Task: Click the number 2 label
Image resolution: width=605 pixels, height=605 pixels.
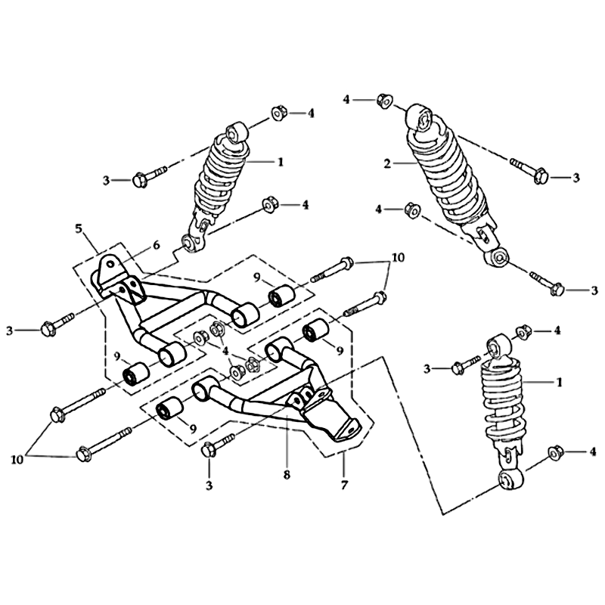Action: [x=387, y=163]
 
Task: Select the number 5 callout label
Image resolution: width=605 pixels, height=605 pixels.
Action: [x=79, y=229]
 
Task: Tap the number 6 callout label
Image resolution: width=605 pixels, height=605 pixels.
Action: [x=157, y=245]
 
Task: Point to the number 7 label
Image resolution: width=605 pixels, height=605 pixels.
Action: [x=344, y=484]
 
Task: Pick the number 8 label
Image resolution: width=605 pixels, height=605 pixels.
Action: [x=287, y=475]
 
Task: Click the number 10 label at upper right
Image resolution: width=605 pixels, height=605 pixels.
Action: [x=399, y=257]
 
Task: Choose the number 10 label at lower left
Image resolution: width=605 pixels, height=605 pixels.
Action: [x=17, y=460]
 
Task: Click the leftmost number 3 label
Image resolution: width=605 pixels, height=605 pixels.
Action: [x=10, y=330]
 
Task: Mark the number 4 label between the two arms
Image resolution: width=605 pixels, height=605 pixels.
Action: [x=225, y=352]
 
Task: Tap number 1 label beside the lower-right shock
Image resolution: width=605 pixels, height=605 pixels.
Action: [x=559, y=383]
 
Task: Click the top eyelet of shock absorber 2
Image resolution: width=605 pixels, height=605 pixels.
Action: [x=421, y=117]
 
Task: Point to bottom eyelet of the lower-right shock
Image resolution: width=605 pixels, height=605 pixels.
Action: [x=510, y=479]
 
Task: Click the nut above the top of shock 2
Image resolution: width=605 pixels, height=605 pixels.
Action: [x=383, y=101]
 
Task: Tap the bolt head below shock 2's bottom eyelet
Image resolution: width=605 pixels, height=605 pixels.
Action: [x=557, y=290]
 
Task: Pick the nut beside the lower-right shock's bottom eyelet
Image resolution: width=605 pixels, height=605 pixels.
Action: [x=555, y=451]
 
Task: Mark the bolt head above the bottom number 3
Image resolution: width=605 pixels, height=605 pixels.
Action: [x=209, y=450]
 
